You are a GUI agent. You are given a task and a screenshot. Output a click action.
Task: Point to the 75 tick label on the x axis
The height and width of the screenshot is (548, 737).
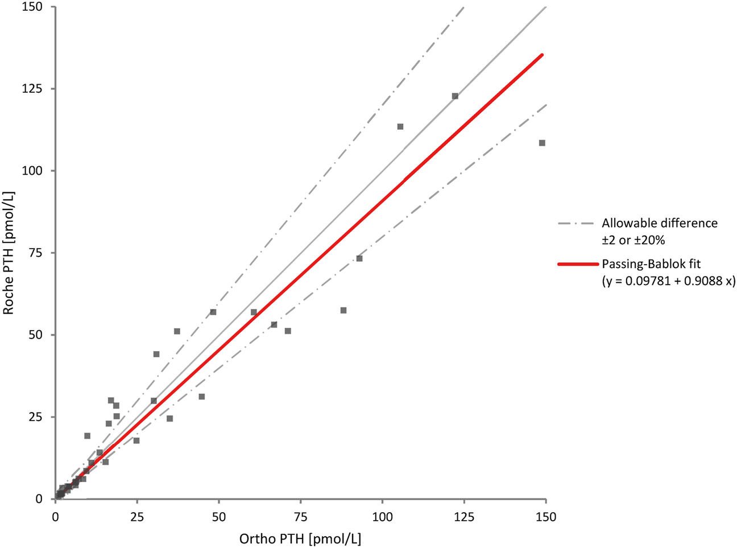pyautogui.click(x=300, y=517)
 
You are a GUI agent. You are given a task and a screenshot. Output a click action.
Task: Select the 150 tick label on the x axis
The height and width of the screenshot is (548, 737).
pyautogui.click(x=546, y=517)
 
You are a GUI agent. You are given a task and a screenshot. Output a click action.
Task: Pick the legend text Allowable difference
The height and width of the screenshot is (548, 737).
pyautogui.click(x=660, y=223)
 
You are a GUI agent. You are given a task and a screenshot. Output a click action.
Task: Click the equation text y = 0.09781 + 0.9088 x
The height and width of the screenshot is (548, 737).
pyautogui.click(x=668, y=281)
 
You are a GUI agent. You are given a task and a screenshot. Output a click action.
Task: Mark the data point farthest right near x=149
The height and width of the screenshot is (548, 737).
pyautogui.click(x=542, y=143)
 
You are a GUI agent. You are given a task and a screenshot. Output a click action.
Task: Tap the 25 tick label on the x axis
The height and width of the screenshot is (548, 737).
pyautogui.click(x=136, y=517)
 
